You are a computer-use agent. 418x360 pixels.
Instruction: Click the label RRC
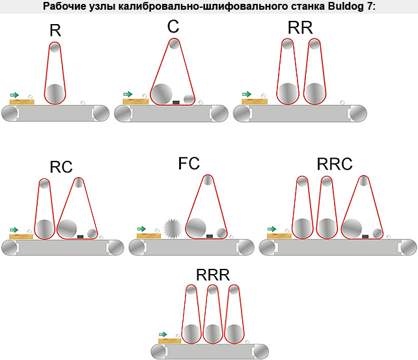(x=335, y=164)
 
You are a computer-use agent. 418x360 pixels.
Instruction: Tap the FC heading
(x=189, y=163)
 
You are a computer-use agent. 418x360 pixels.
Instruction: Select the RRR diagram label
(x=213, y=275)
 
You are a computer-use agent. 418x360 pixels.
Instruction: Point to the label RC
(x=61, y=167)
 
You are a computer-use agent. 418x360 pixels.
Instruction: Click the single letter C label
(x=173, y=27)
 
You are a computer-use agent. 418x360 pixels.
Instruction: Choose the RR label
(x=300, y=27)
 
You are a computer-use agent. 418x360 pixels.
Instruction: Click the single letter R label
(x=55, y=31)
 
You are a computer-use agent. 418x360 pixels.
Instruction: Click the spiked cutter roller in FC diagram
(x=172, y=228)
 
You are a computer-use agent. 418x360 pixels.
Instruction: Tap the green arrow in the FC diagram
(x=141, y=228)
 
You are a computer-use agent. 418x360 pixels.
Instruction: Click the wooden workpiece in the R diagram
(x=22, y=102)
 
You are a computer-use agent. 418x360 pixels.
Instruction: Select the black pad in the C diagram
(x=176, y=102)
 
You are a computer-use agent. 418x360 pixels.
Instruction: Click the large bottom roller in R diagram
(x=55, y=94)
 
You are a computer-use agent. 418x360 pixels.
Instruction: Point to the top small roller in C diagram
(x=174, y=44)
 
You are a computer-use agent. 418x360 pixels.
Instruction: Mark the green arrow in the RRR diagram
(x=163, y=335)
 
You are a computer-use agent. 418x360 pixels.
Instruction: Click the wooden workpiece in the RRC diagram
(x=279, y=236)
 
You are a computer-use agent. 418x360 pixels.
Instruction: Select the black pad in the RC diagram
(x=80, y=236)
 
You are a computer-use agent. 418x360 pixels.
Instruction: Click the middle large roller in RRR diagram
(x=212, y=334)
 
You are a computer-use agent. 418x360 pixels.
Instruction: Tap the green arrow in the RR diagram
(x=247, y=94)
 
